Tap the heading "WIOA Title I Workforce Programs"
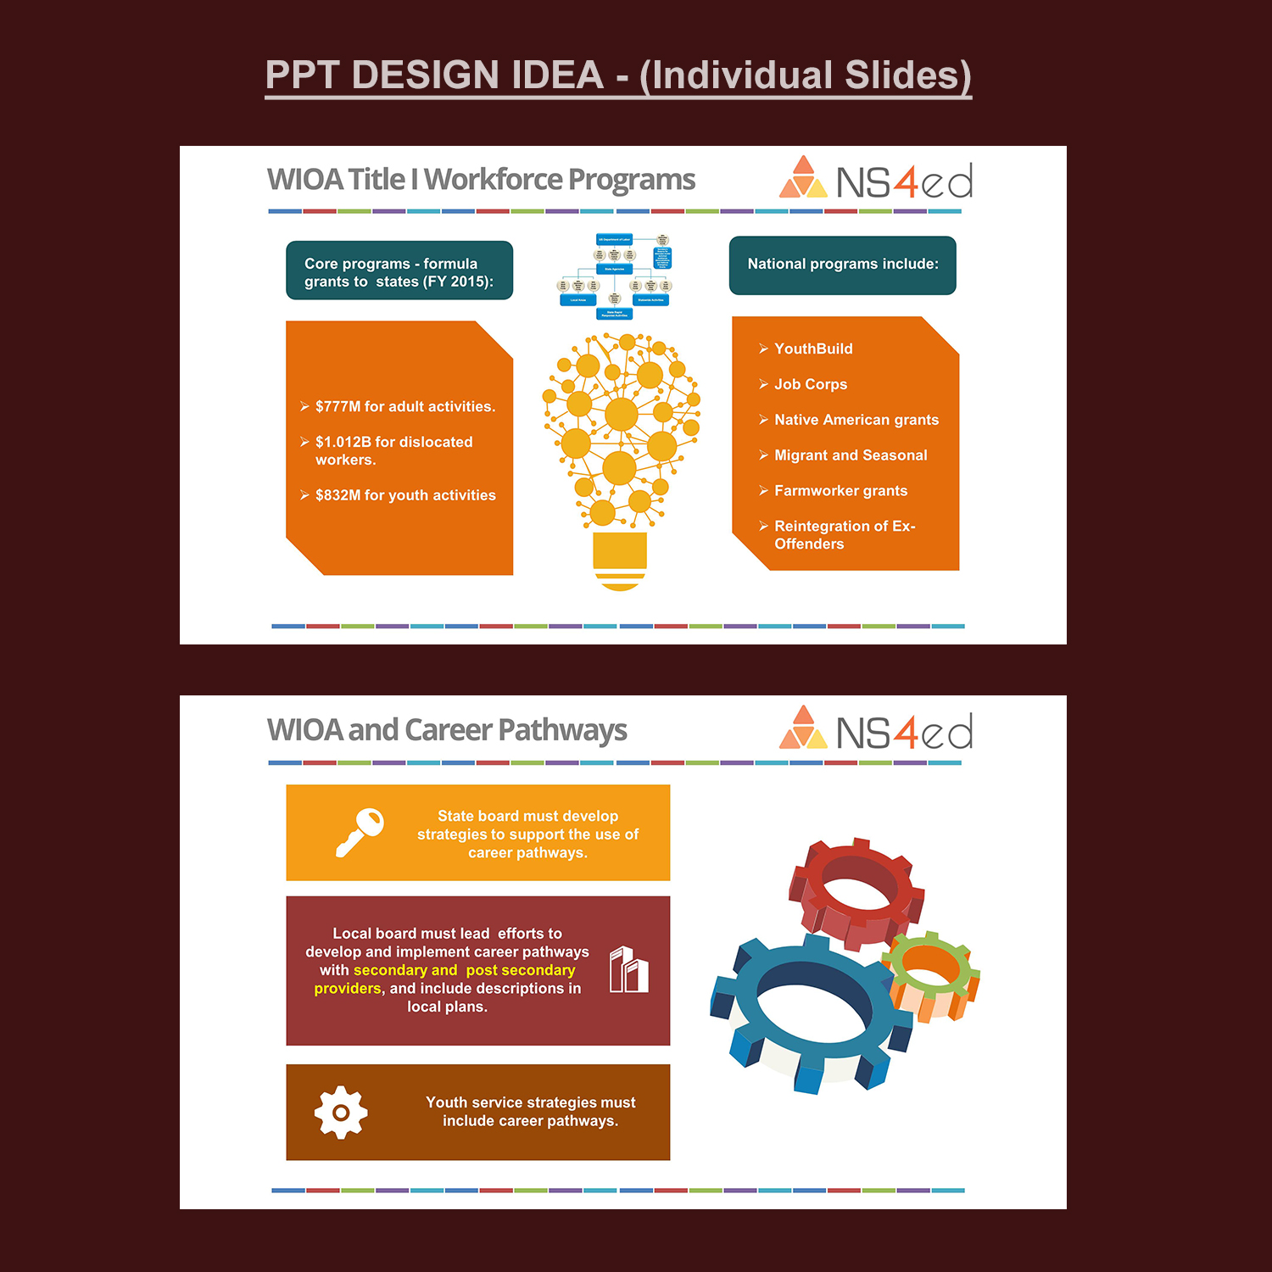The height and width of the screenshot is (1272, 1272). click(481, 180)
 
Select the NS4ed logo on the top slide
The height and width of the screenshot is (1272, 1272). click(875, 180)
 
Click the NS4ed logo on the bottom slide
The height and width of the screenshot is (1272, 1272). click(875, 730)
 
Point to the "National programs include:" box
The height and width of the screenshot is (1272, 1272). click(842, 265)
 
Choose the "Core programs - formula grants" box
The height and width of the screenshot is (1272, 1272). click(399, 271)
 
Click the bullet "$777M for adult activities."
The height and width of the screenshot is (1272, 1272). click(404, 407)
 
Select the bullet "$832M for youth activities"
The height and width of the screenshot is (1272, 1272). click(404, 495)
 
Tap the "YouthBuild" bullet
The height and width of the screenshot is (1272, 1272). click(812, 349)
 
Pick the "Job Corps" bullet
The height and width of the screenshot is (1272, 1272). click(810, 384)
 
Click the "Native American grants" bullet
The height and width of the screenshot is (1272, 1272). click(856, 420)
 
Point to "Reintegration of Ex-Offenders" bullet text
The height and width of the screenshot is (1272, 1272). click(844, 535)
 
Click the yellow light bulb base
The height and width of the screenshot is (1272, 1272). click(620, 560)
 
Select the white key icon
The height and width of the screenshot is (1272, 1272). click(360, 832)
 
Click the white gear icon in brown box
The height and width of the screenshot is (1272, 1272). click(341, 1112)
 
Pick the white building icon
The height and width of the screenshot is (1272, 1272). click(629, 970)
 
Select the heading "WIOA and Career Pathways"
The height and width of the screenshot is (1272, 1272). click(447, 730)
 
